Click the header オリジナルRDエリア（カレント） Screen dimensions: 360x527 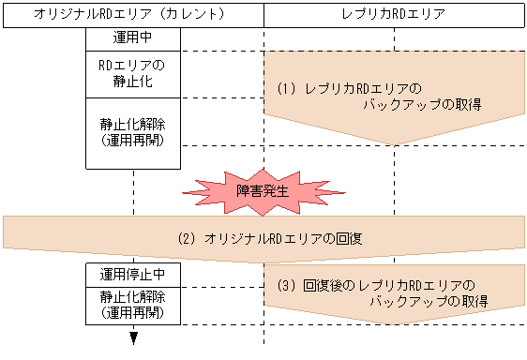coord(132,15)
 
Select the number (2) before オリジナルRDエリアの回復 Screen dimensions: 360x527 coord(185,239)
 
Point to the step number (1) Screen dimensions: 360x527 coord(286,88)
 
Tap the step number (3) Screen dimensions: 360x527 coord(286,284)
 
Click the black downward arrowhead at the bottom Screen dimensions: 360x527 coord(134,338)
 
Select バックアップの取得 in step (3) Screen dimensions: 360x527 coord(425,301)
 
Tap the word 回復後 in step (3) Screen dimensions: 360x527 coord(321,284)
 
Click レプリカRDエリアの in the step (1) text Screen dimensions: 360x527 coord(356,88)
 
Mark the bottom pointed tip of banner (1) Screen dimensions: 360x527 coord(394,144)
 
